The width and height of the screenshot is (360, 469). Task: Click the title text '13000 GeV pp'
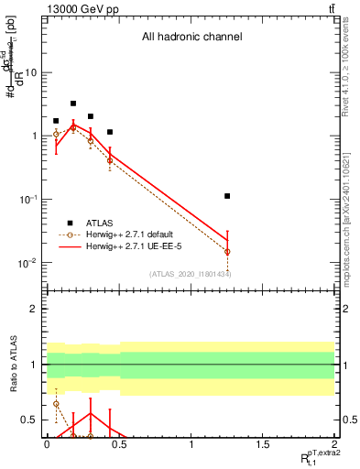81,9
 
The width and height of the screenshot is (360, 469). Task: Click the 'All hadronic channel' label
191,38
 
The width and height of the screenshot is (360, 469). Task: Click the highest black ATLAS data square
73,104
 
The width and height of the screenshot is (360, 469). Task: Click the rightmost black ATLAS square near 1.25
227,196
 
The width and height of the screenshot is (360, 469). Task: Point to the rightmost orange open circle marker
227,251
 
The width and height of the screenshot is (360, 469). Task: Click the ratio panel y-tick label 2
34,309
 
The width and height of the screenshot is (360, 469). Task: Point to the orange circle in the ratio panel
56,404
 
